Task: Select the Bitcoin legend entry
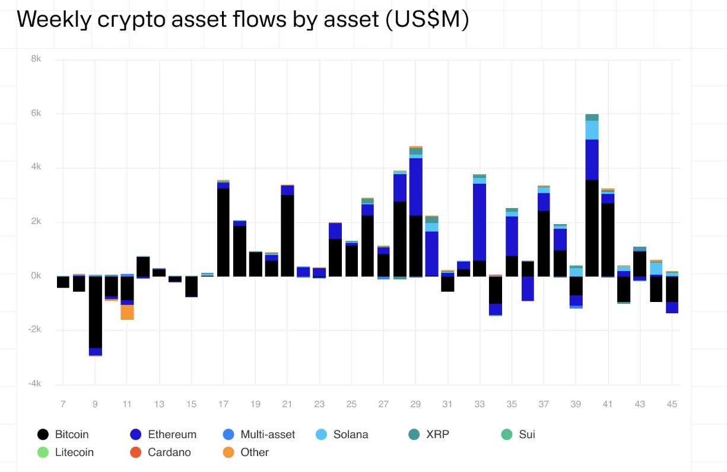click(x=71, y=435)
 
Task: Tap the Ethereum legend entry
click(x=172, y=435)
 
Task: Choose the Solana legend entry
click(x=350, y=435)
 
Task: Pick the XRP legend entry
click(x=437, y=435)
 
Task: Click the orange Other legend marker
click(x=228, y=452)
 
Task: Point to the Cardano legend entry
click(x=169, y=452)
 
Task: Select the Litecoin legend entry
click(x=74, y=452)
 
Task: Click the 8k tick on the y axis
click(x=36, y=59)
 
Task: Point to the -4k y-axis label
click(x=34, y=384)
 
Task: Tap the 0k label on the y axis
click(x=35, y=276)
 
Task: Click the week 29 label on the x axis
click(x=415, y=404)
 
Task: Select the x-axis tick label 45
click(x=672, y=404)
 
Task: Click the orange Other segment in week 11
click(x=127, y=312)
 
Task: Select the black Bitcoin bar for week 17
click(x=223, y=232)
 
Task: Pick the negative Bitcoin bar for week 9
click(x=95, y=312)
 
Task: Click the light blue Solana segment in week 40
click(x=592, y=130)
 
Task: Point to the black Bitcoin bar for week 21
click(x=287, y=235)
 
